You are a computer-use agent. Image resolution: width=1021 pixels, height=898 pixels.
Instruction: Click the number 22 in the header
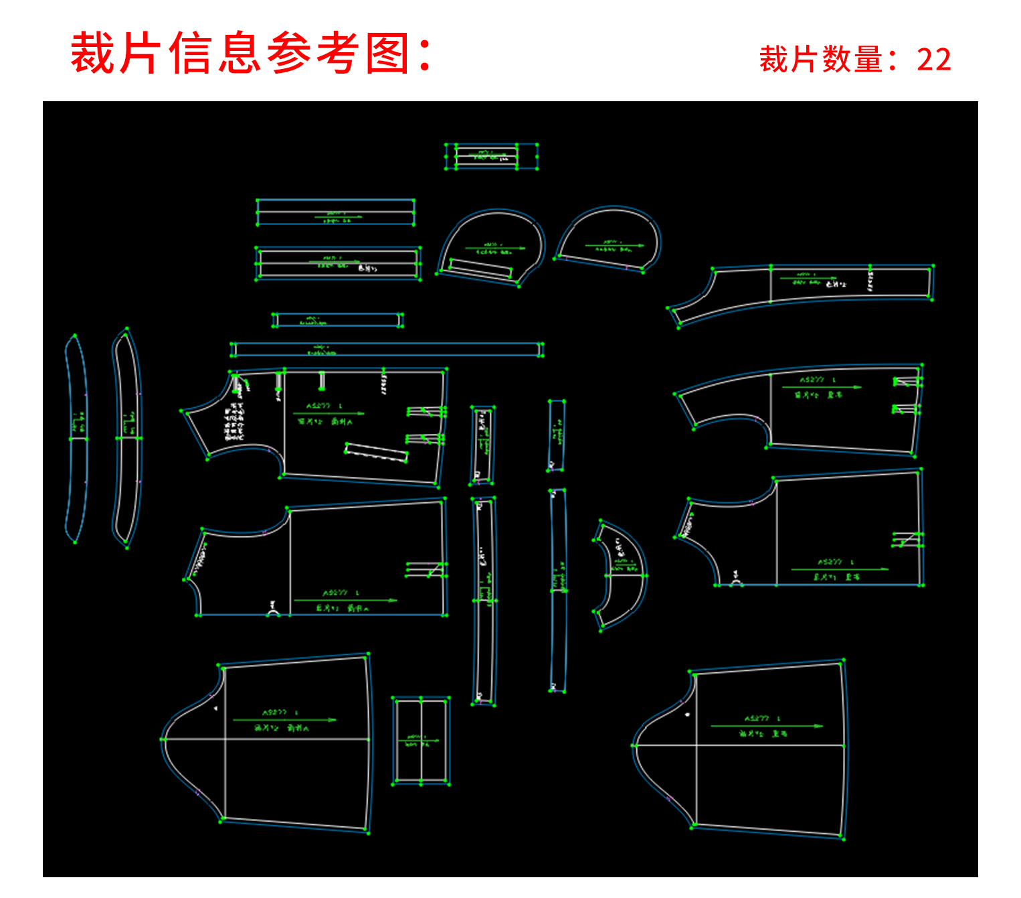tap(933, 60)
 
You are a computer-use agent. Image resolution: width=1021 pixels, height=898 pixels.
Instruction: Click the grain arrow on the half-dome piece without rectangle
tap(614, 246)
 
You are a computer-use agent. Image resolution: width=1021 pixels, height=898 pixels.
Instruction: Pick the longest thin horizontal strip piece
tap(387, 349)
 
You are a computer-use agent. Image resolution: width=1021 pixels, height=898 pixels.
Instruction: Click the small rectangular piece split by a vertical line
tap(421, 741)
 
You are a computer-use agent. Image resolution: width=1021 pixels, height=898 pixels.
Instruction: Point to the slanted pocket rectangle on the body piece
tap(377, 452)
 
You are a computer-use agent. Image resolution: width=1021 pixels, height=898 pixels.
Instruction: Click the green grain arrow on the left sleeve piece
tap(284, 720)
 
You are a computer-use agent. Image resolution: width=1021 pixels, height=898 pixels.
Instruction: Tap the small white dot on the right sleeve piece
tap(688, 715)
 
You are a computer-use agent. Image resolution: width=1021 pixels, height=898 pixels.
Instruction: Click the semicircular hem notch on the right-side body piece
tap(736, 581)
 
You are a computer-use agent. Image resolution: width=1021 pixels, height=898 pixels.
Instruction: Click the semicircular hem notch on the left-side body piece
tap(274, 610)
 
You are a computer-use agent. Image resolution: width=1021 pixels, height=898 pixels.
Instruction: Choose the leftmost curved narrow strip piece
tap(76, 439)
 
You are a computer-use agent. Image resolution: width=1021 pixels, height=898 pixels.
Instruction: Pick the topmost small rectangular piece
tap(492, 156)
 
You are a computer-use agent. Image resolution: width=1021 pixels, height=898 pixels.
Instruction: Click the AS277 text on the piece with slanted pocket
tap(318, 406)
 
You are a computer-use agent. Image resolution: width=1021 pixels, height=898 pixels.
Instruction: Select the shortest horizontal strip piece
tap(337, 320)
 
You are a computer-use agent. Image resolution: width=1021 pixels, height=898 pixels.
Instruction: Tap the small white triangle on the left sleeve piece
tap(215, 707)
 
